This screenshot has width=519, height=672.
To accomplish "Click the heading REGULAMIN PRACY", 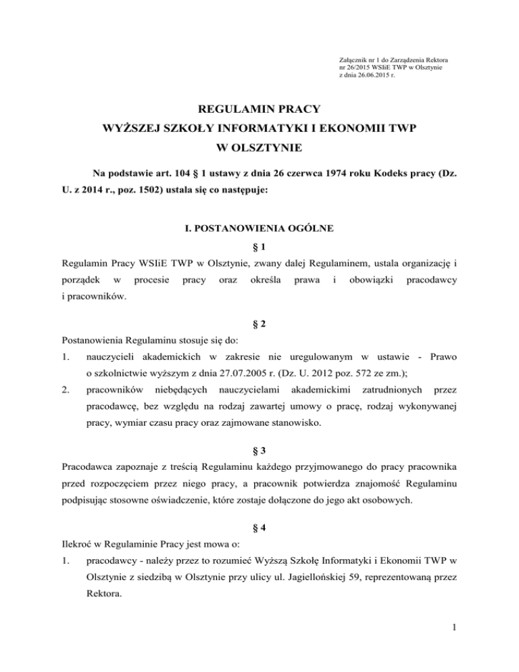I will pyautogui.click(x=259, y=108).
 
